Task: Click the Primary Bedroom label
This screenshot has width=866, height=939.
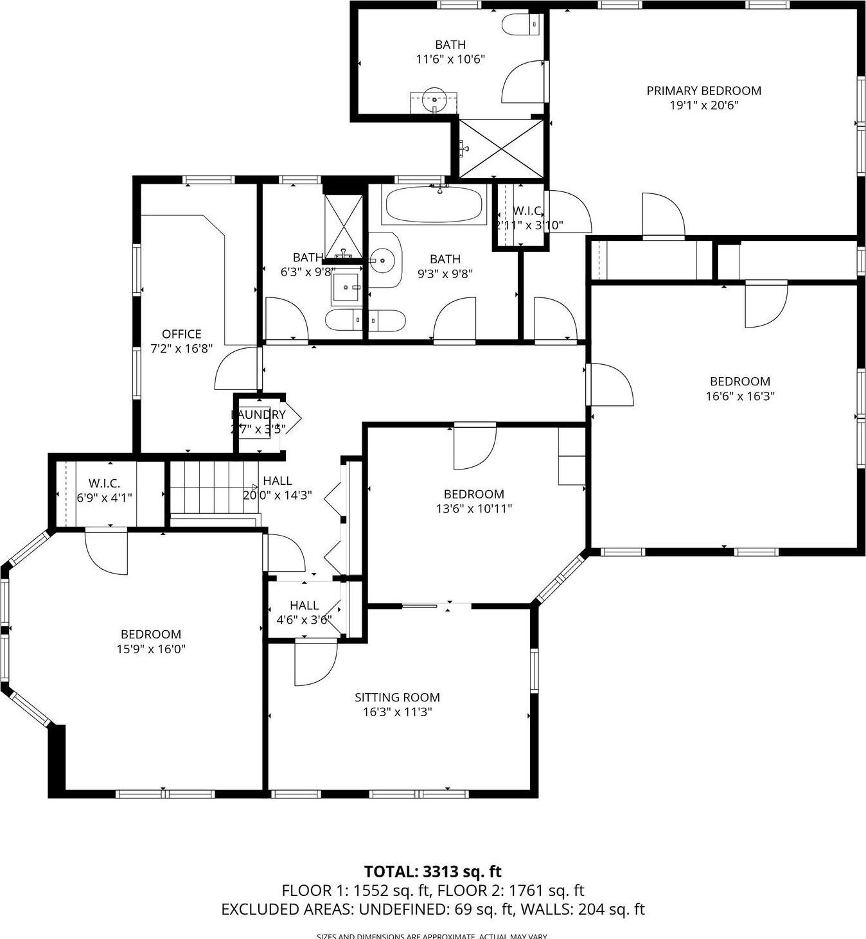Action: click(x=703, y=91)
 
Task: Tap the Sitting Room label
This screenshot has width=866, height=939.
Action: click(x=397, y=698)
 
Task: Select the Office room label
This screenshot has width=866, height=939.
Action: click(x=181, y=334)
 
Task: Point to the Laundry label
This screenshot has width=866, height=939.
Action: click(x=258, y=415)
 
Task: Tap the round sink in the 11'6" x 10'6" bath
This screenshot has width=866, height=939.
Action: click(x=436, y=100)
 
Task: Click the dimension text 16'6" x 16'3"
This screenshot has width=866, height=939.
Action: click(x=739, y=396)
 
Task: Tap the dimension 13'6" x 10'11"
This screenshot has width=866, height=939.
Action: click(x=473, y=509)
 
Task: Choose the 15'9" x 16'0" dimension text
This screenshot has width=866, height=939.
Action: click(x=150, y=649)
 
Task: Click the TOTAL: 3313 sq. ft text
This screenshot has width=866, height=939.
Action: click(x=432, y=872)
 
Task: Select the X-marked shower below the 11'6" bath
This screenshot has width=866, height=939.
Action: click(x=501, y=148)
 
